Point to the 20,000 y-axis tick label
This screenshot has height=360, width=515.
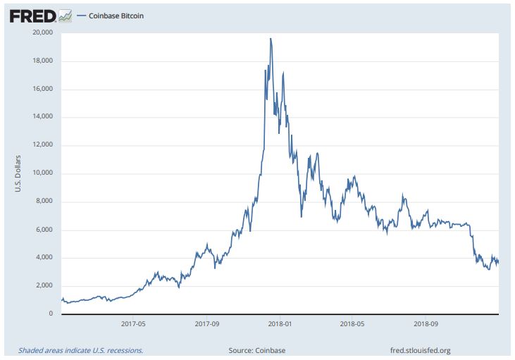point(44,32)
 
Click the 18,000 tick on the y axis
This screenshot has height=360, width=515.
point(44,61)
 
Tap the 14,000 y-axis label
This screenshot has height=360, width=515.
point(44,117)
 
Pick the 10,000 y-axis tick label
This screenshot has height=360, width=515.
point(44,173)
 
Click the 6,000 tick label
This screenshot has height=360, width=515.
point(46,230)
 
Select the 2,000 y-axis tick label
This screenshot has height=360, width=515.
point(46,285)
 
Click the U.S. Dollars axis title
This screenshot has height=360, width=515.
point(18,173)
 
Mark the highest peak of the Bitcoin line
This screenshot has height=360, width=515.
point(271,39)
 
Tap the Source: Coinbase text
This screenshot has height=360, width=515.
point(257,349)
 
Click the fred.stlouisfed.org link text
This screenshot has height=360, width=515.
point(420,349)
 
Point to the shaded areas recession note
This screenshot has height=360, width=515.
point(81,349)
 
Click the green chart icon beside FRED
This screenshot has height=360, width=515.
point(65,15)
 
